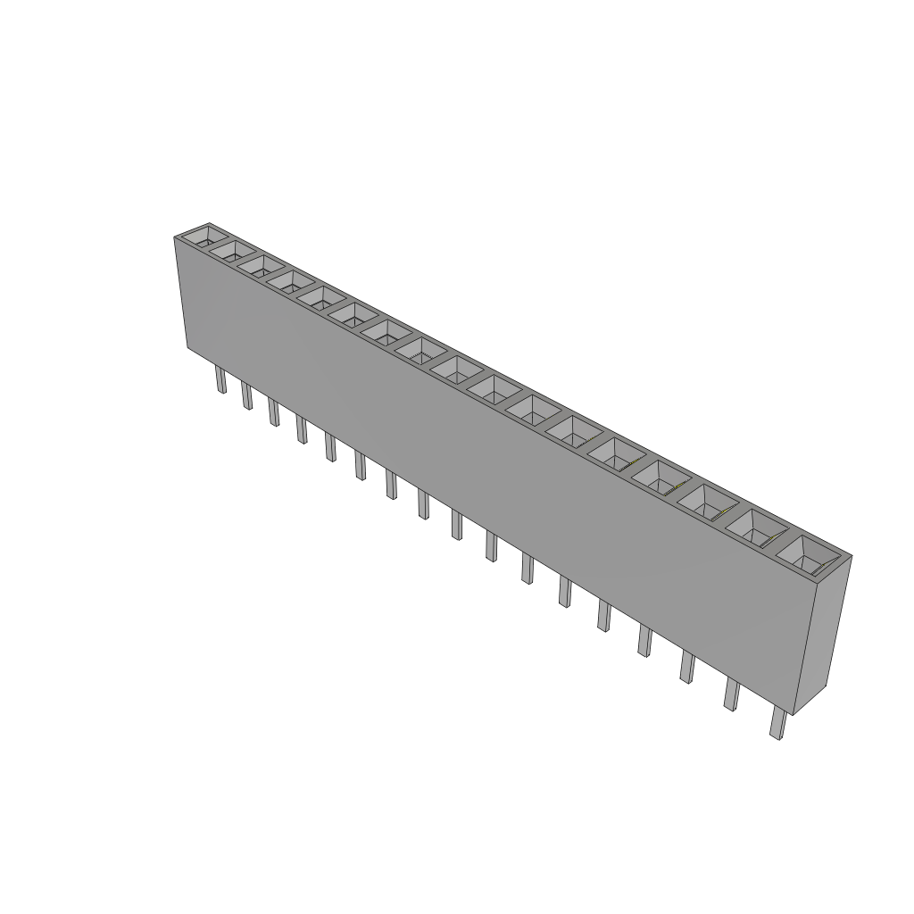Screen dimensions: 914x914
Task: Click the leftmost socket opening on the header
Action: (x=200, y=237)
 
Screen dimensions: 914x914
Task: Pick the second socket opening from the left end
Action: (x=230, y=251)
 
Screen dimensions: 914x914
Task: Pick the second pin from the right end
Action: (x=731, y=694)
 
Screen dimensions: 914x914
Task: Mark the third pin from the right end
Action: (x=686, y=667)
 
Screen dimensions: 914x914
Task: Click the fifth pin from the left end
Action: (x=331, y=446)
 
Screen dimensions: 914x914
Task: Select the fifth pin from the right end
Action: (x=604, y=615)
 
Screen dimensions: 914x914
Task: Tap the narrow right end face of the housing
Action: (x=822, y=634)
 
